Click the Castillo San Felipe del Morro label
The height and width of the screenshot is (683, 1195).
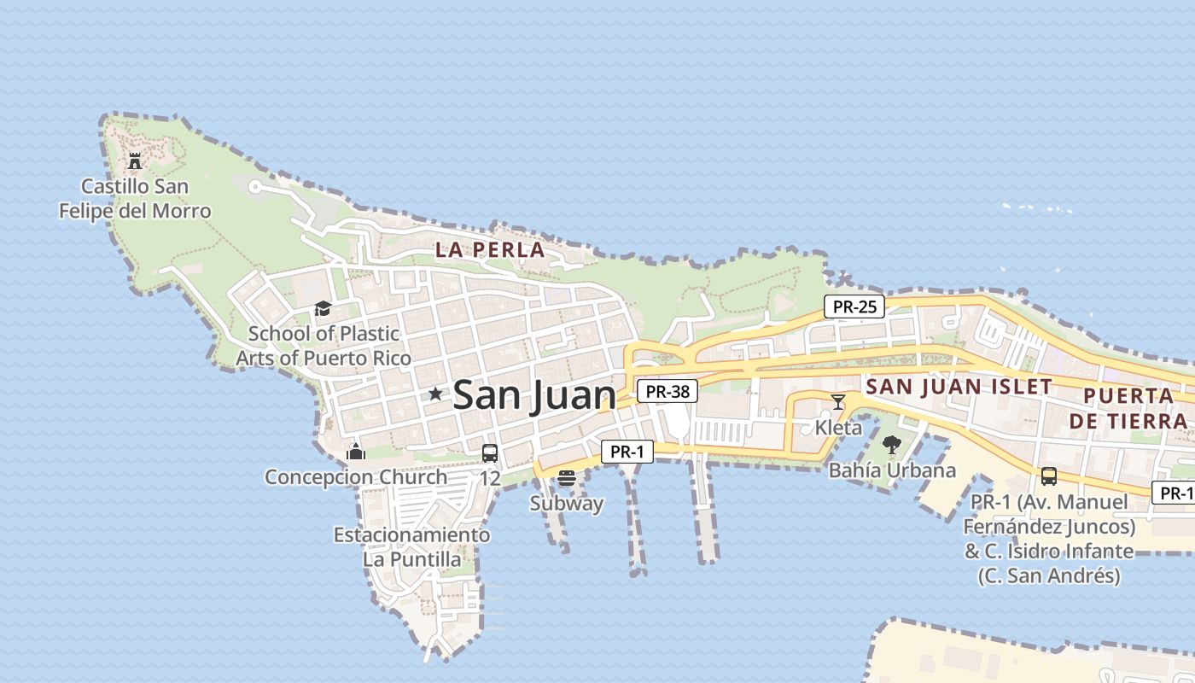tap(134, 198)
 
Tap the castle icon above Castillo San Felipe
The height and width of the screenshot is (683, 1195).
tap(134, 161)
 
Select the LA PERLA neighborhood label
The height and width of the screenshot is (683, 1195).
tap(489, 250)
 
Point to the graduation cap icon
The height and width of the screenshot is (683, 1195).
tap(323, 309)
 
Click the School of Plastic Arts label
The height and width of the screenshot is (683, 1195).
tap(324, 346)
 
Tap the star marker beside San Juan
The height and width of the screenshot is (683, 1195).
tap(435, 394)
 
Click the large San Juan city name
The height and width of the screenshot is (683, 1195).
tap(534, 395)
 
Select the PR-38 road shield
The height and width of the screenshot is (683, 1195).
tap(667, 392)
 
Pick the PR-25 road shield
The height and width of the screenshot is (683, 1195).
tap(854, 306)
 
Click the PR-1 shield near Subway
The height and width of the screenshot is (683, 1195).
tap(627, 452)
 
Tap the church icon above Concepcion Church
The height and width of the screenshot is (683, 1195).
tap(356, 452)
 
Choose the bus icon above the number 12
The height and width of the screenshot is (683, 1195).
tap(489, 453)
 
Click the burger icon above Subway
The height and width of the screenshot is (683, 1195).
tap(566, 478)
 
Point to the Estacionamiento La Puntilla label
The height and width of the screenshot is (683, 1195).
tap(412, 547)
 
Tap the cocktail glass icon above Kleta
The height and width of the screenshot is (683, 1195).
tap(838, 402)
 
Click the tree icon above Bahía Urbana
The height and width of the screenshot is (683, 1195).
tap(892, 445)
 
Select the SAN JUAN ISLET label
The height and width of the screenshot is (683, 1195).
tap(959, 387)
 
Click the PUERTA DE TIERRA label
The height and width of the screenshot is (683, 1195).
tap(1128, 408)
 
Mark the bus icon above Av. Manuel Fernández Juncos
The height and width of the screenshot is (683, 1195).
tap(1049, 476)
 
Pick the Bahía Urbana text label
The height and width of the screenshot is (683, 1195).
tap(893, 470)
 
